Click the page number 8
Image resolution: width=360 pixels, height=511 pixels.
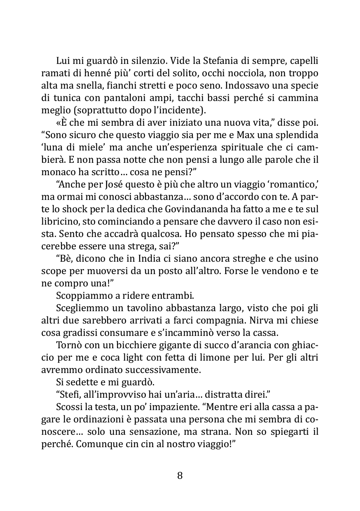[x=180, y=475]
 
